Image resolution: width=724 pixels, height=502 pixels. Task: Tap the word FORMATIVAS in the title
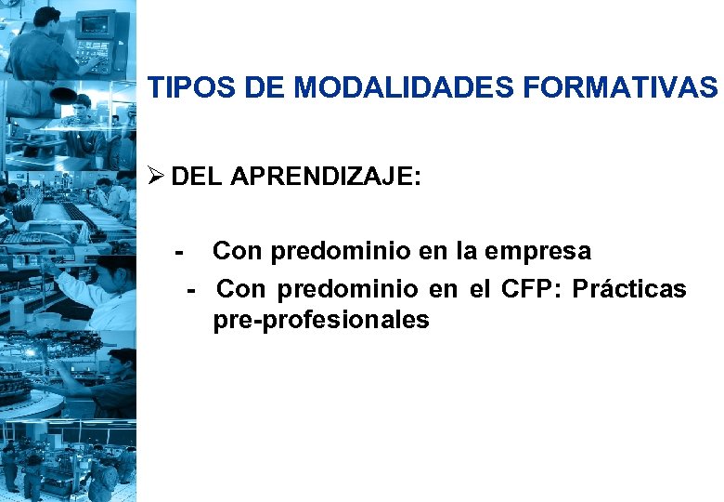(x=620, y=89)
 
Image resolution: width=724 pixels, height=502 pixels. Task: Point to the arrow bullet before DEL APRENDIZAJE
(x=156, y=177)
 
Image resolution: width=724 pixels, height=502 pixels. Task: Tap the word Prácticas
(x=629, y=289)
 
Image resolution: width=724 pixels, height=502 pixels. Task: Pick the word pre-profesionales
(x=321, y=322)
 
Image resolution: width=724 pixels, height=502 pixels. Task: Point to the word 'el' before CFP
(x=480, y=289)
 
